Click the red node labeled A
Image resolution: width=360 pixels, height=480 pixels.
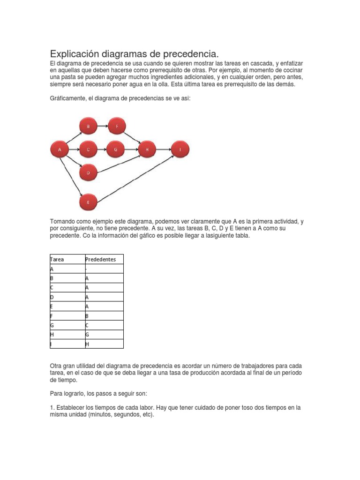pyautogui.click(x=60, y=150)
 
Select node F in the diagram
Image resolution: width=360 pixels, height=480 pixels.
pyautogui.click(x=118, y=126)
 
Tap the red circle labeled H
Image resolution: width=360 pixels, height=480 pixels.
pyautogui.click(x=147, y=150)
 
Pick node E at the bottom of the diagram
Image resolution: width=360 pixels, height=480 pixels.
pyautogui.click(x=88, y=202)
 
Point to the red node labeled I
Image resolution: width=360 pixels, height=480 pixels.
pyautogui.click(x=180, y=150)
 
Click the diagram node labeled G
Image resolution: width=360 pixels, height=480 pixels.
pyautogui.click(x=115, y=150)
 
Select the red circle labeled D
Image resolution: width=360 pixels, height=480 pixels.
pyautogui.click(x=88, y=173)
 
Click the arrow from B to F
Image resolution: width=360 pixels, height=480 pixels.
pyautogui.click(x=103, y=126)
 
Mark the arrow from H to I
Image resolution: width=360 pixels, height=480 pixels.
pyautogui.click(x=163, y=150)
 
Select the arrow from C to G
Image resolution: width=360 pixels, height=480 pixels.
pyautogui.click(x=101, y=150)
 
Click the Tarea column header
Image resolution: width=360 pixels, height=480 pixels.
pyautogui.click(x=57, y=259)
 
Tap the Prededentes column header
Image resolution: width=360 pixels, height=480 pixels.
pyautogui.click(x=100, y=259)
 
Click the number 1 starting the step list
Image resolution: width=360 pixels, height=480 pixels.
pyautogui.click(x=51, y=408)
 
